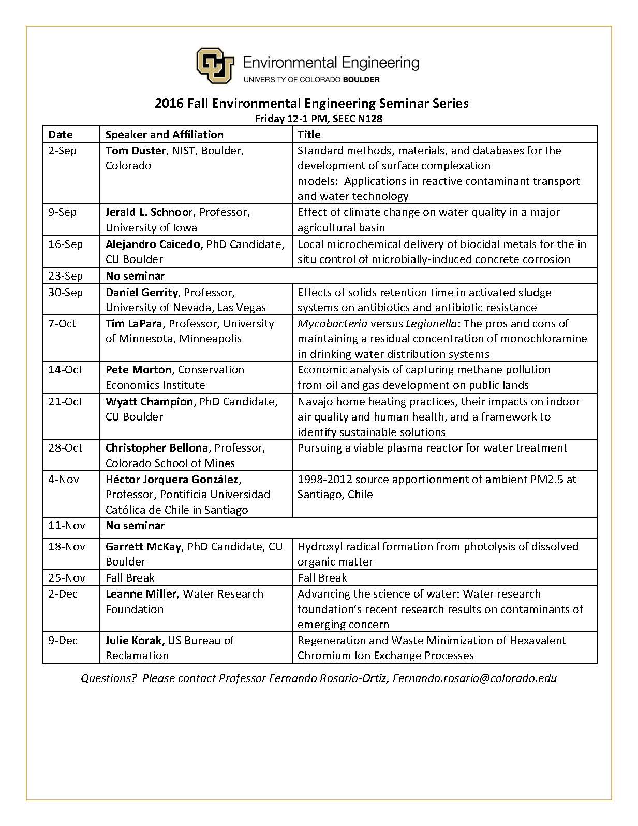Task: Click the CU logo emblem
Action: pos(214,65)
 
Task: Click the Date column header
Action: pos(61,135)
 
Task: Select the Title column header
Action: pos(309,135)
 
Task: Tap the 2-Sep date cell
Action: pos(62,151)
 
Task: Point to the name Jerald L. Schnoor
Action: pos(149,212)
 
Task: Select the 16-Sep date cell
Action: pos(65,244)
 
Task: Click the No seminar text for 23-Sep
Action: pos(135,276)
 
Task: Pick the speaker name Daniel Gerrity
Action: pos(142,293)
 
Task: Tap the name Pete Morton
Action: pos(138,370)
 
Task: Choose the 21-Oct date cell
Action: pos(65,402)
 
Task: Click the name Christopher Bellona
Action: pos(157,448)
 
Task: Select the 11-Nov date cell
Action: pos(67,526)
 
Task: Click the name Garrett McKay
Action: pos(143,547)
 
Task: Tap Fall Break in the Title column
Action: pos(322,578)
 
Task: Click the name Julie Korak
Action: pos(135,641)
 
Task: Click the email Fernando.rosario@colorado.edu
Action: pos(474,678)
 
